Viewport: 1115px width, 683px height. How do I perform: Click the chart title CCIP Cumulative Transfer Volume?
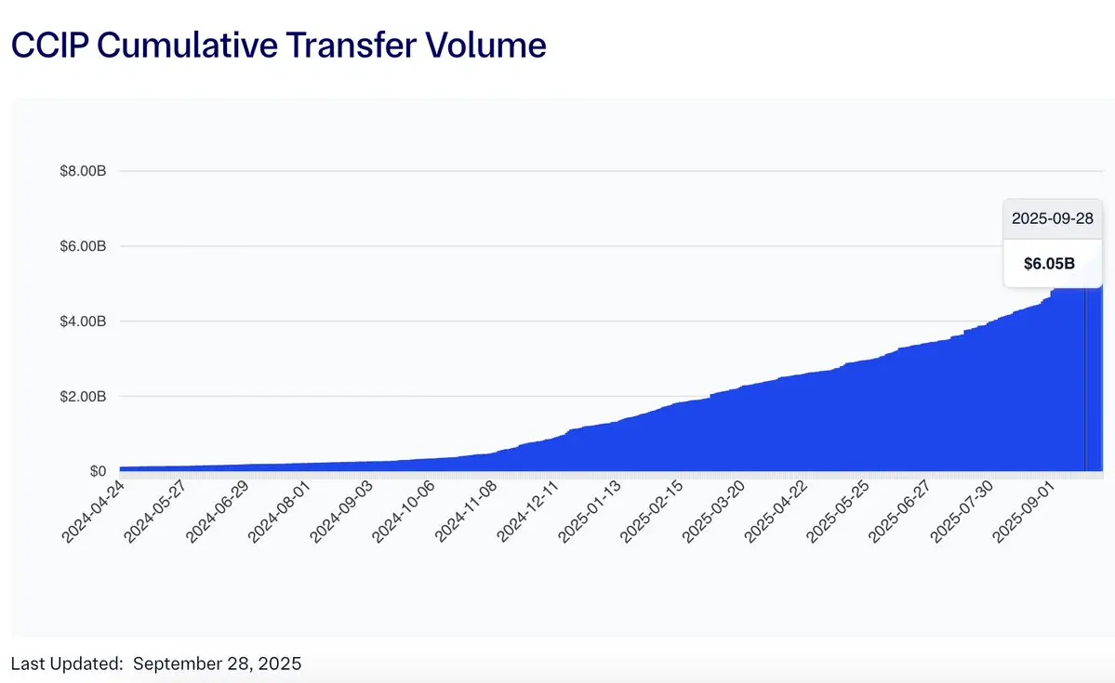point(278,45)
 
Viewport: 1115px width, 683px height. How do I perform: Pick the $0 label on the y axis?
point(98,471)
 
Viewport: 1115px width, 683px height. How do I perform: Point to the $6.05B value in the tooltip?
point(1049,263)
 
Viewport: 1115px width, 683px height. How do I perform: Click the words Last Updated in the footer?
point(67,663)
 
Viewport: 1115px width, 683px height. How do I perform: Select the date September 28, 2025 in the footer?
point(218,663)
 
